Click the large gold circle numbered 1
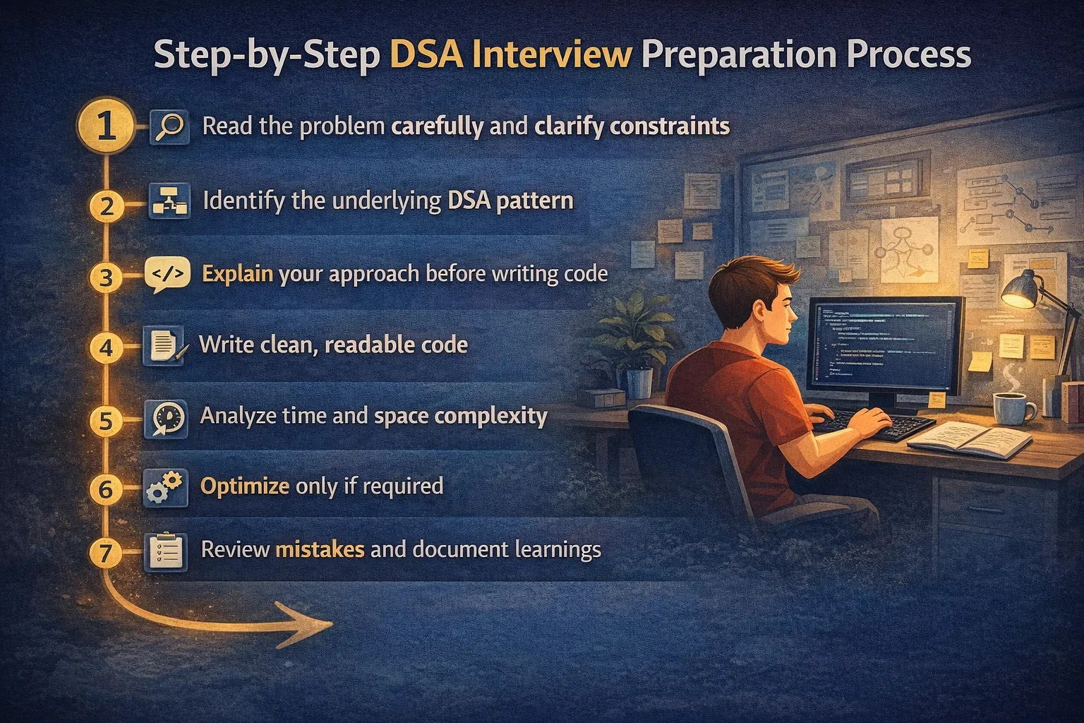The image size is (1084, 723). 106,126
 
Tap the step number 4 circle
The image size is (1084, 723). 106,348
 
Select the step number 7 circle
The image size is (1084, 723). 106,552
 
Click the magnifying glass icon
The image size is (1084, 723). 169,127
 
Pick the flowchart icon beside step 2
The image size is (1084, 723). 169,201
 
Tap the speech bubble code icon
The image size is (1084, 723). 167,275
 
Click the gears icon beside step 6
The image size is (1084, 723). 165,487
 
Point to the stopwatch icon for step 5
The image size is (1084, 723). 167,418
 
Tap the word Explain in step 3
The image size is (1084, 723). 237,274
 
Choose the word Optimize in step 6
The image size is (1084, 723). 244,486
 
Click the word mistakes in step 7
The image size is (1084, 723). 319,549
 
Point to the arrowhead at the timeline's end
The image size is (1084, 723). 311,624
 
